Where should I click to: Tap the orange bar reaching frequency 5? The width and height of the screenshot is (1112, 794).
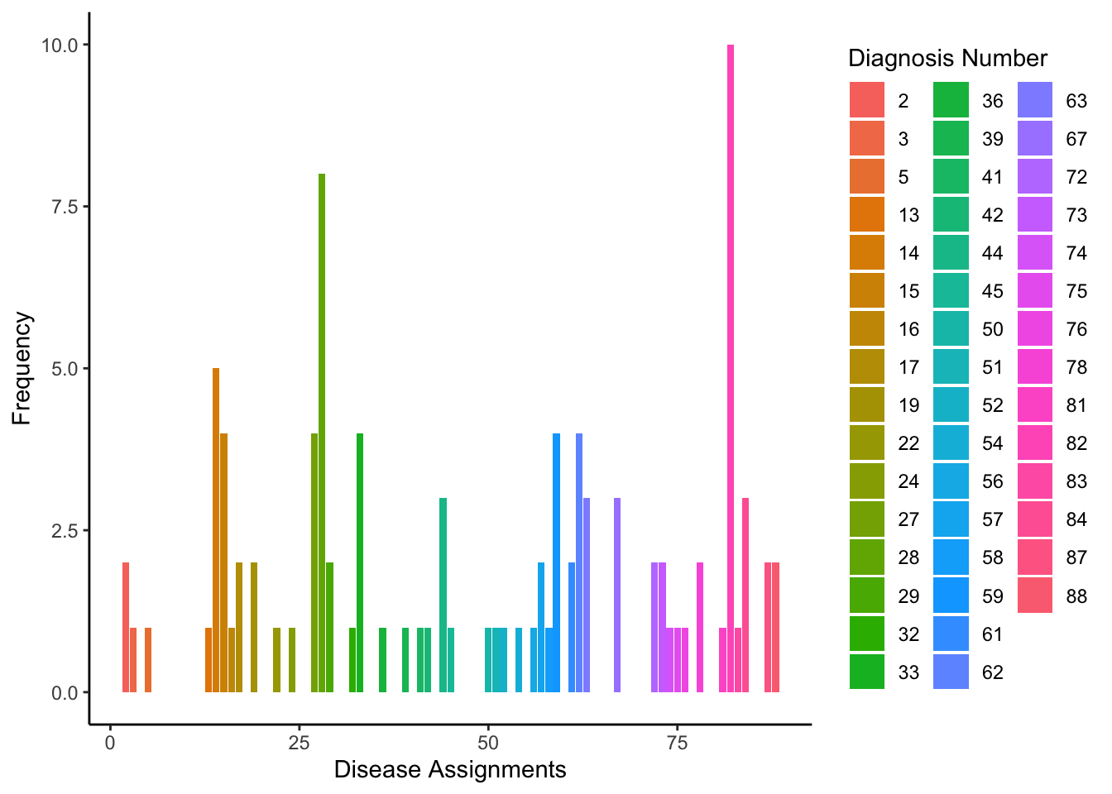point(216,529)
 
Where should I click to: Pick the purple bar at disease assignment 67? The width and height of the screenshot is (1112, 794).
point(617,595)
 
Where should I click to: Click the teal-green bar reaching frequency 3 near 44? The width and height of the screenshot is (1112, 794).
point(443,595)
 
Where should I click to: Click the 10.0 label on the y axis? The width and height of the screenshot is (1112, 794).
point(60,45)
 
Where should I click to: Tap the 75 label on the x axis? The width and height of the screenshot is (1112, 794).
point(677,742)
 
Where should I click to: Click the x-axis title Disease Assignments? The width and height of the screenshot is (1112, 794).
point(450,770)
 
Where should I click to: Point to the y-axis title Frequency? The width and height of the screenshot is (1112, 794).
point(22,368)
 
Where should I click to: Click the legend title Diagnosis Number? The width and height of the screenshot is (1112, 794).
point(947,59)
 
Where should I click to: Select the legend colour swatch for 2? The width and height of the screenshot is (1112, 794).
point(867,100)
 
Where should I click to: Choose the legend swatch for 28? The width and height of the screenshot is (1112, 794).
point(867,557)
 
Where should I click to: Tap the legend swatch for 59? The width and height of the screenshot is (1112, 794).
point(951,595)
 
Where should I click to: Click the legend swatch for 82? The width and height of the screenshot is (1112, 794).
point(1034,443)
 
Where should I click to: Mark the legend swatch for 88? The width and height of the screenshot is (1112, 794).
point(1034,595)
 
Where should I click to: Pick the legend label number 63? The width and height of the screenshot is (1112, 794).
point(1076,101)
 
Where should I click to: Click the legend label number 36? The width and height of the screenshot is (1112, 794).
point(993,101)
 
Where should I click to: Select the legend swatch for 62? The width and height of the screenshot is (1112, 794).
point(951,672)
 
